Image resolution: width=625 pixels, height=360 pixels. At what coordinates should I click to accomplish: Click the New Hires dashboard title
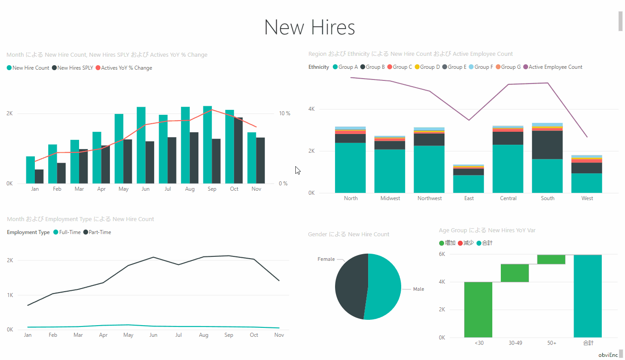310,27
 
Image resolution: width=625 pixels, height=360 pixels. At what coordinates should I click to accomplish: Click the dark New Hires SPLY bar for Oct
239,150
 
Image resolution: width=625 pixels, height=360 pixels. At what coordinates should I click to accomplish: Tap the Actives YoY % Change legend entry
126,68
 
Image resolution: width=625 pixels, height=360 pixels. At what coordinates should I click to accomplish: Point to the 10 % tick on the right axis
285,113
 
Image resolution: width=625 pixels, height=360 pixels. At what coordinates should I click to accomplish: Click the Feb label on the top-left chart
57,189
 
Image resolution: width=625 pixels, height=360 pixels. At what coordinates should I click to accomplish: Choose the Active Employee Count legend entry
555,67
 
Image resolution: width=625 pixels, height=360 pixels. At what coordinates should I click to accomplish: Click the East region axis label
469,198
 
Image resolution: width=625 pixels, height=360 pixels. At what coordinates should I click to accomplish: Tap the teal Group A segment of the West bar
587,183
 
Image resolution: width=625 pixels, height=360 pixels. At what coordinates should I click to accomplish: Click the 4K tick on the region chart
311,109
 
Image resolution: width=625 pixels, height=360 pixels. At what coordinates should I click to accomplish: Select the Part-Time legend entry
100,232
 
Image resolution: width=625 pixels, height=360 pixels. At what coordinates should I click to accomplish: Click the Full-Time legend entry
69,232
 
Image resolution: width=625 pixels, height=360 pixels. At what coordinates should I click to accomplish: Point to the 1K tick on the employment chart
10,295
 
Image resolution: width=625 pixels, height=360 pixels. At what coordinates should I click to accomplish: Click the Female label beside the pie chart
326,259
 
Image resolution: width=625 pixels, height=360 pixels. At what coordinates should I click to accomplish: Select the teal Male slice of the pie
385,286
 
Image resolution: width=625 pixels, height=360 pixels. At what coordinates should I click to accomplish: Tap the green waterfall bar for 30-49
515,273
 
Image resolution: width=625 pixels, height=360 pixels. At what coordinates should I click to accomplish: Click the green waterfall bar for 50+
551,260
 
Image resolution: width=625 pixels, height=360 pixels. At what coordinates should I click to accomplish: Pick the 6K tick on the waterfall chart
442,254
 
